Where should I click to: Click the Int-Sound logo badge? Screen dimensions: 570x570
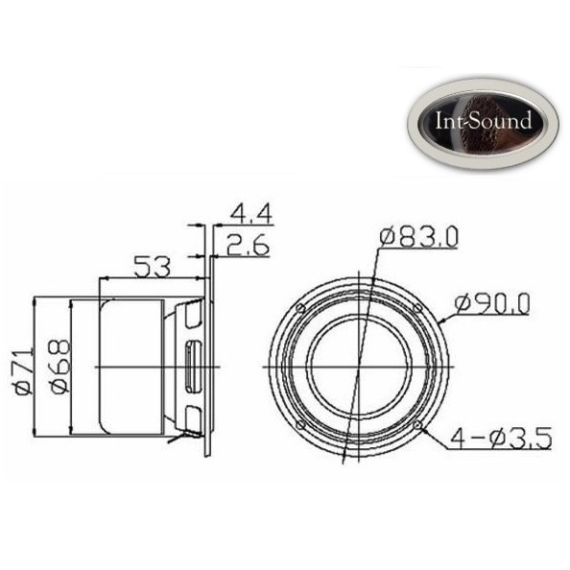coord(483,124)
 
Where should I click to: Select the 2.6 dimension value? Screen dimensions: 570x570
coord(248,245)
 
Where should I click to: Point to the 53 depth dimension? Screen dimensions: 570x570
coord(152,267)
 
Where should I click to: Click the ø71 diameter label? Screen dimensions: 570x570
coord(24,372)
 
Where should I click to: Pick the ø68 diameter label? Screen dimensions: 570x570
coord(60,367)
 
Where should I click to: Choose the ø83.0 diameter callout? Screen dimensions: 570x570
coord(418,237)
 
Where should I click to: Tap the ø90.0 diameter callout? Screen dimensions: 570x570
coord(491,304)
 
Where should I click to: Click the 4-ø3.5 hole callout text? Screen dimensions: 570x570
coord(501,438)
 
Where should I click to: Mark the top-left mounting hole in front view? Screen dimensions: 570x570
coord(300,309)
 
